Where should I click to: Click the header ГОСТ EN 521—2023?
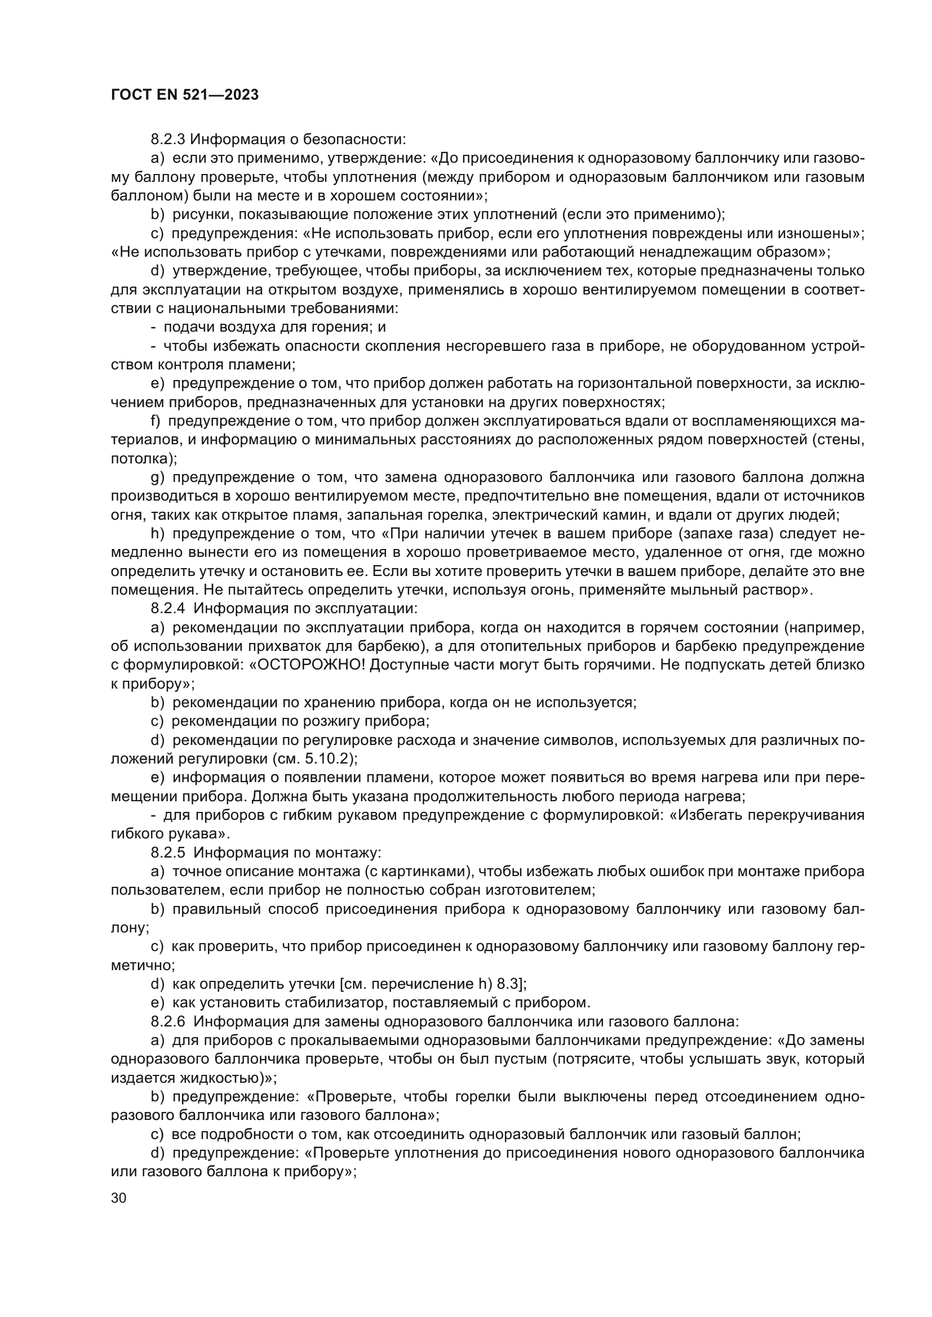[184, 95]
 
